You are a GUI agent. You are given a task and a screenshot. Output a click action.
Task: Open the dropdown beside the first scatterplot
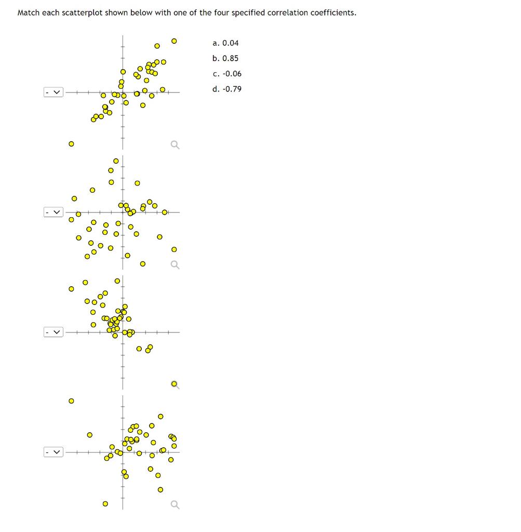click(x=54, y=92)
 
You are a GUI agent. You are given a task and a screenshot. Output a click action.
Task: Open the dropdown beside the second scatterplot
click(x=54, y=212)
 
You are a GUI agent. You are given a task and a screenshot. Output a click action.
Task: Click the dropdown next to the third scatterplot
click(x=54, y=332)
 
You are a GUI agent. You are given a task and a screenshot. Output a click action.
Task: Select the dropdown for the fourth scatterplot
click(x=54, y=453)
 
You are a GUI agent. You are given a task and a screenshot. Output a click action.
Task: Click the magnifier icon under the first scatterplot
click(x=175, y=145)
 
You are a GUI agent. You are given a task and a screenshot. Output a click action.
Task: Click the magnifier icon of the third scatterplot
click(x=175, y=384)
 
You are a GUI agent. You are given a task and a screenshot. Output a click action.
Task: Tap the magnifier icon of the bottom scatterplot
click(x=175, y=504)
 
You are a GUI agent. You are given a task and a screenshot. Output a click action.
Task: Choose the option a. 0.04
click(x=225, y=43)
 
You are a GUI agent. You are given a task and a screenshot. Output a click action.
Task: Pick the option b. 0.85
click(x=225, y=58)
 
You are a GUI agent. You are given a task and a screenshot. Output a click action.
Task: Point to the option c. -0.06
click(x=227, y=74)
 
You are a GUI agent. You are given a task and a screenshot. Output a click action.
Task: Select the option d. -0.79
click(x=227, y=89)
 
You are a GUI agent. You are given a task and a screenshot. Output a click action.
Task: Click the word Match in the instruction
click(x=29, y=12)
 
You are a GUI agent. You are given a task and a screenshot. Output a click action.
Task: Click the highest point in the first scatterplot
click(x=174, y=40)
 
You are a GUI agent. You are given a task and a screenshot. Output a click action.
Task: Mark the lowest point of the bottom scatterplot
click(x=105, y=503)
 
